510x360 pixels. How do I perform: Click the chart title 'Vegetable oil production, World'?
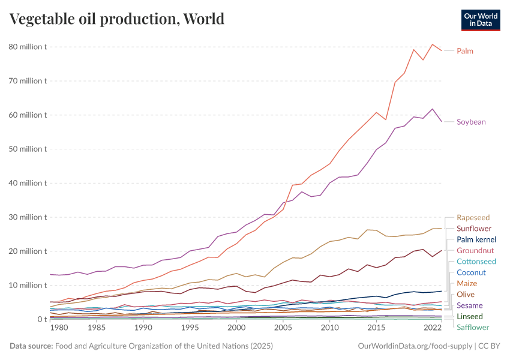pos(117,19)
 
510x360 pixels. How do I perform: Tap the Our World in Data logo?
pos(481,20)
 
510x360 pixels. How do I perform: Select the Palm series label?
pos(465,51)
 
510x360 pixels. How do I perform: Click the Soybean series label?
pos(471,122)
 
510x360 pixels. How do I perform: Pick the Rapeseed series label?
pos(473,218)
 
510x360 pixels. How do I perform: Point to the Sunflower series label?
pos(474,229)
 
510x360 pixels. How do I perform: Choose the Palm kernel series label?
pos(475,239)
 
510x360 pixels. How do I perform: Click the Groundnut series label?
pos(475,250)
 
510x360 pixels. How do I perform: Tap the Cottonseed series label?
pos(476,262)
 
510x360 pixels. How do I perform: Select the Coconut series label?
pos(471,272)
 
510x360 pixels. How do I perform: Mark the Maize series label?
pos(467,283)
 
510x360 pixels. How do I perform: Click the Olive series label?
pos(466,294)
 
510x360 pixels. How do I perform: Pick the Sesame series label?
pos(469,305)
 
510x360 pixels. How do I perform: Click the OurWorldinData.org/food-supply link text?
pos(414,346)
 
